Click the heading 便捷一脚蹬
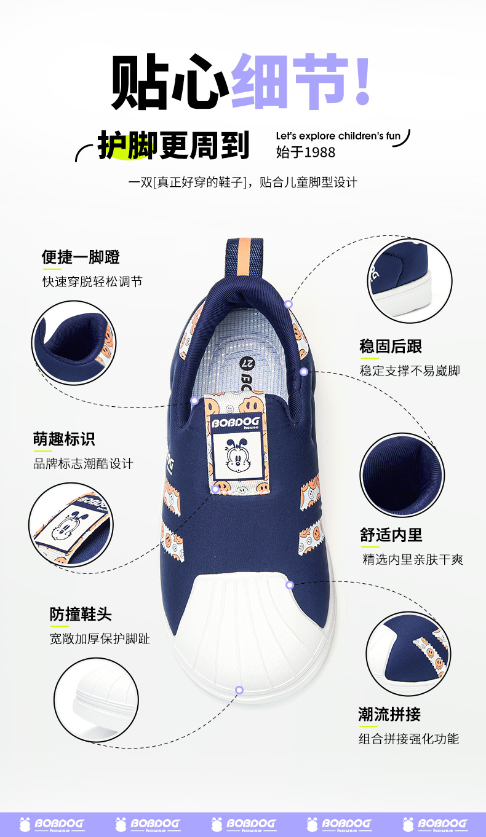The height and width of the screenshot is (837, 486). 81,257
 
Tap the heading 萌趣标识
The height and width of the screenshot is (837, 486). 64,439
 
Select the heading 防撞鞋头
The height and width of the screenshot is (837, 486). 81,614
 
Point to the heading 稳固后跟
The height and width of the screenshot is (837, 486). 391,347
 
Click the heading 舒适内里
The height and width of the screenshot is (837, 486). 391,535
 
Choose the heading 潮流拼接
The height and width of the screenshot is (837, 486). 389,714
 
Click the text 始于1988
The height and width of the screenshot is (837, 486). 306,152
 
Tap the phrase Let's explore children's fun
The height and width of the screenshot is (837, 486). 338,136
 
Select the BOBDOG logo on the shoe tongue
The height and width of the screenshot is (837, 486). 236,423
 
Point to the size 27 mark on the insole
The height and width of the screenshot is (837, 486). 247,363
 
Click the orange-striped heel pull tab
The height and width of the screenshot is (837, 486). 244,260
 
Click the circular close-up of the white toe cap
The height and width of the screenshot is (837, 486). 96,700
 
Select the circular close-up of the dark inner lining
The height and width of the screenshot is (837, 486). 402,475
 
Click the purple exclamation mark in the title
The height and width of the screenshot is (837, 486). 362,79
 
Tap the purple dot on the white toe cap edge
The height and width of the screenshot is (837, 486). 239,690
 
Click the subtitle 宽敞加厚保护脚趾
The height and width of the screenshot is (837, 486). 100,639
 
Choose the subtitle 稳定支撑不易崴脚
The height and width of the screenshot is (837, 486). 410,371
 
